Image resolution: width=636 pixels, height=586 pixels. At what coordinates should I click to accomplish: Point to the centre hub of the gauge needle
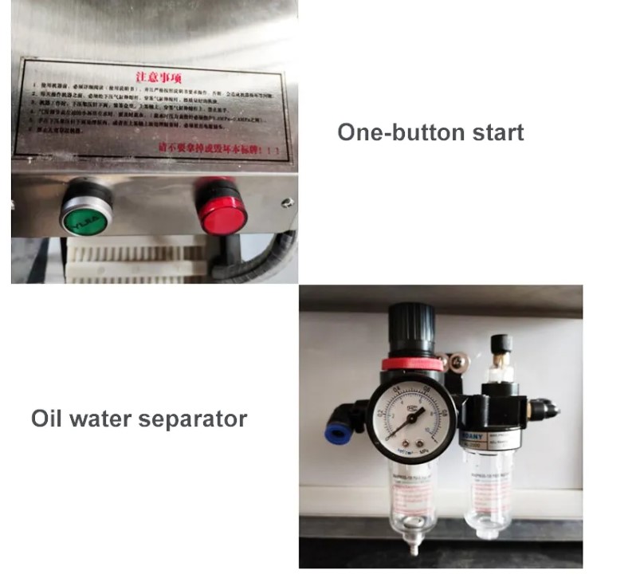click(409, 419)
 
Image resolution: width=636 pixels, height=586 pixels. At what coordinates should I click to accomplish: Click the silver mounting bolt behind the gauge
click(457, 363)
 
